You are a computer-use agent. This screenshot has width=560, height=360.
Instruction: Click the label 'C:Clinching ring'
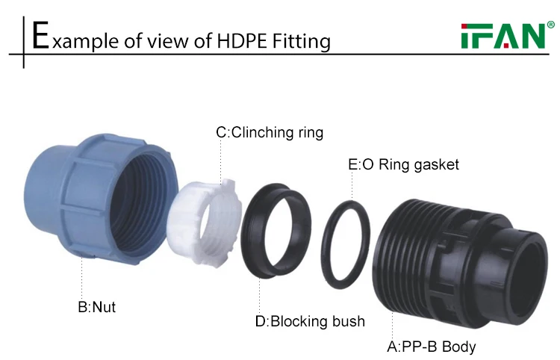[270, 133]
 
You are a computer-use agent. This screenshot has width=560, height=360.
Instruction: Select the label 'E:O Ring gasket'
[403, 164]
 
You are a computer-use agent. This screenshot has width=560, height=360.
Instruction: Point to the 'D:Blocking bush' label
[310, 322]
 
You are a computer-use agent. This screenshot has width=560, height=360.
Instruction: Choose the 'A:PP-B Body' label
[431, 347]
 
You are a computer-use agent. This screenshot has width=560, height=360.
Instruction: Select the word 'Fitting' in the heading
[302, 40]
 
